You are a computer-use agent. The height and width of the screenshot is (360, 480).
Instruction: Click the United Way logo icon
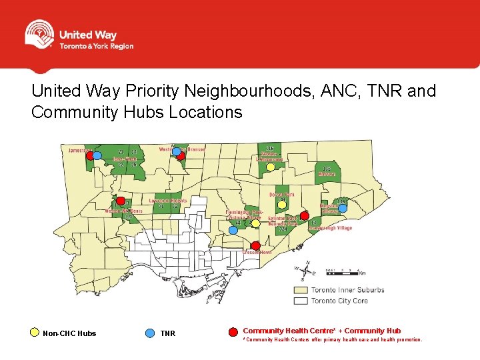39,34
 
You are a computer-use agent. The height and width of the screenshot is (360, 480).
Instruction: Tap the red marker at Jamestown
90,155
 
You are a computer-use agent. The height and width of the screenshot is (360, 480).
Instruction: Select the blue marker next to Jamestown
97,155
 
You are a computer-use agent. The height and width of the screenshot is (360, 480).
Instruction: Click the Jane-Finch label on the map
125,159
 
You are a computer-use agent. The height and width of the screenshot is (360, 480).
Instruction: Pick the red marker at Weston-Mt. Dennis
120,201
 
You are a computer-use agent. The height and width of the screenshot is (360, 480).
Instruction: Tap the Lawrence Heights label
168,200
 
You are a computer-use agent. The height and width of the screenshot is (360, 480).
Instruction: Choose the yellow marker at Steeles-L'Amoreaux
270,167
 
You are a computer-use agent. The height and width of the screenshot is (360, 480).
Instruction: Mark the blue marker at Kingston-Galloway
342,208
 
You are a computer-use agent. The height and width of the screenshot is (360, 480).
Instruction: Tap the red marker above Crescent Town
255,245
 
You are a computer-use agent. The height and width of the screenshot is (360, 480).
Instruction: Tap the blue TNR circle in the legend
149,331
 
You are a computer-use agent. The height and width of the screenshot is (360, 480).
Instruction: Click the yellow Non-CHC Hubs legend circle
35,331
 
